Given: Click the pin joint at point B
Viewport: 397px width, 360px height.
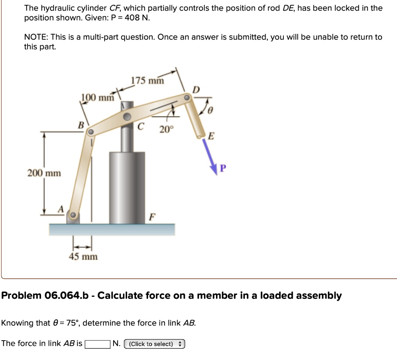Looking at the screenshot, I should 90,132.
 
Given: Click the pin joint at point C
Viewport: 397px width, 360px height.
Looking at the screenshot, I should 127,117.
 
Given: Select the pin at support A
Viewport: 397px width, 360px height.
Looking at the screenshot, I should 72,215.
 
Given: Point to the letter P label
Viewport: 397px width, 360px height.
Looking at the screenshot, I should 223,168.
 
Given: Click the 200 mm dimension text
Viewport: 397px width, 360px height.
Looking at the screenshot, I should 44,173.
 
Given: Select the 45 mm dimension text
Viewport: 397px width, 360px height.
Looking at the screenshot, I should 83,257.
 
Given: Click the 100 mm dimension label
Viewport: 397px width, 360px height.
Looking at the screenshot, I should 97,97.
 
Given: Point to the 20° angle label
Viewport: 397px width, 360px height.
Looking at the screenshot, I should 165,130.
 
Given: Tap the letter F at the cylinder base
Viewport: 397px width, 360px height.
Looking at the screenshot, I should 152,217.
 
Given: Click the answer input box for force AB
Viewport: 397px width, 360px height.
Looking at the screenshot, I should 97,344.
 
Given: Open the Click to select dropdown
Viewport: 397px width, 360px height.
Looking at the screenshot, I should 154,344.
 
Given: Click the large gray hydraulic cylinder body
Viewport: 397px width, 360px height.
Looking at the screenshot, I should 127,186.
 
